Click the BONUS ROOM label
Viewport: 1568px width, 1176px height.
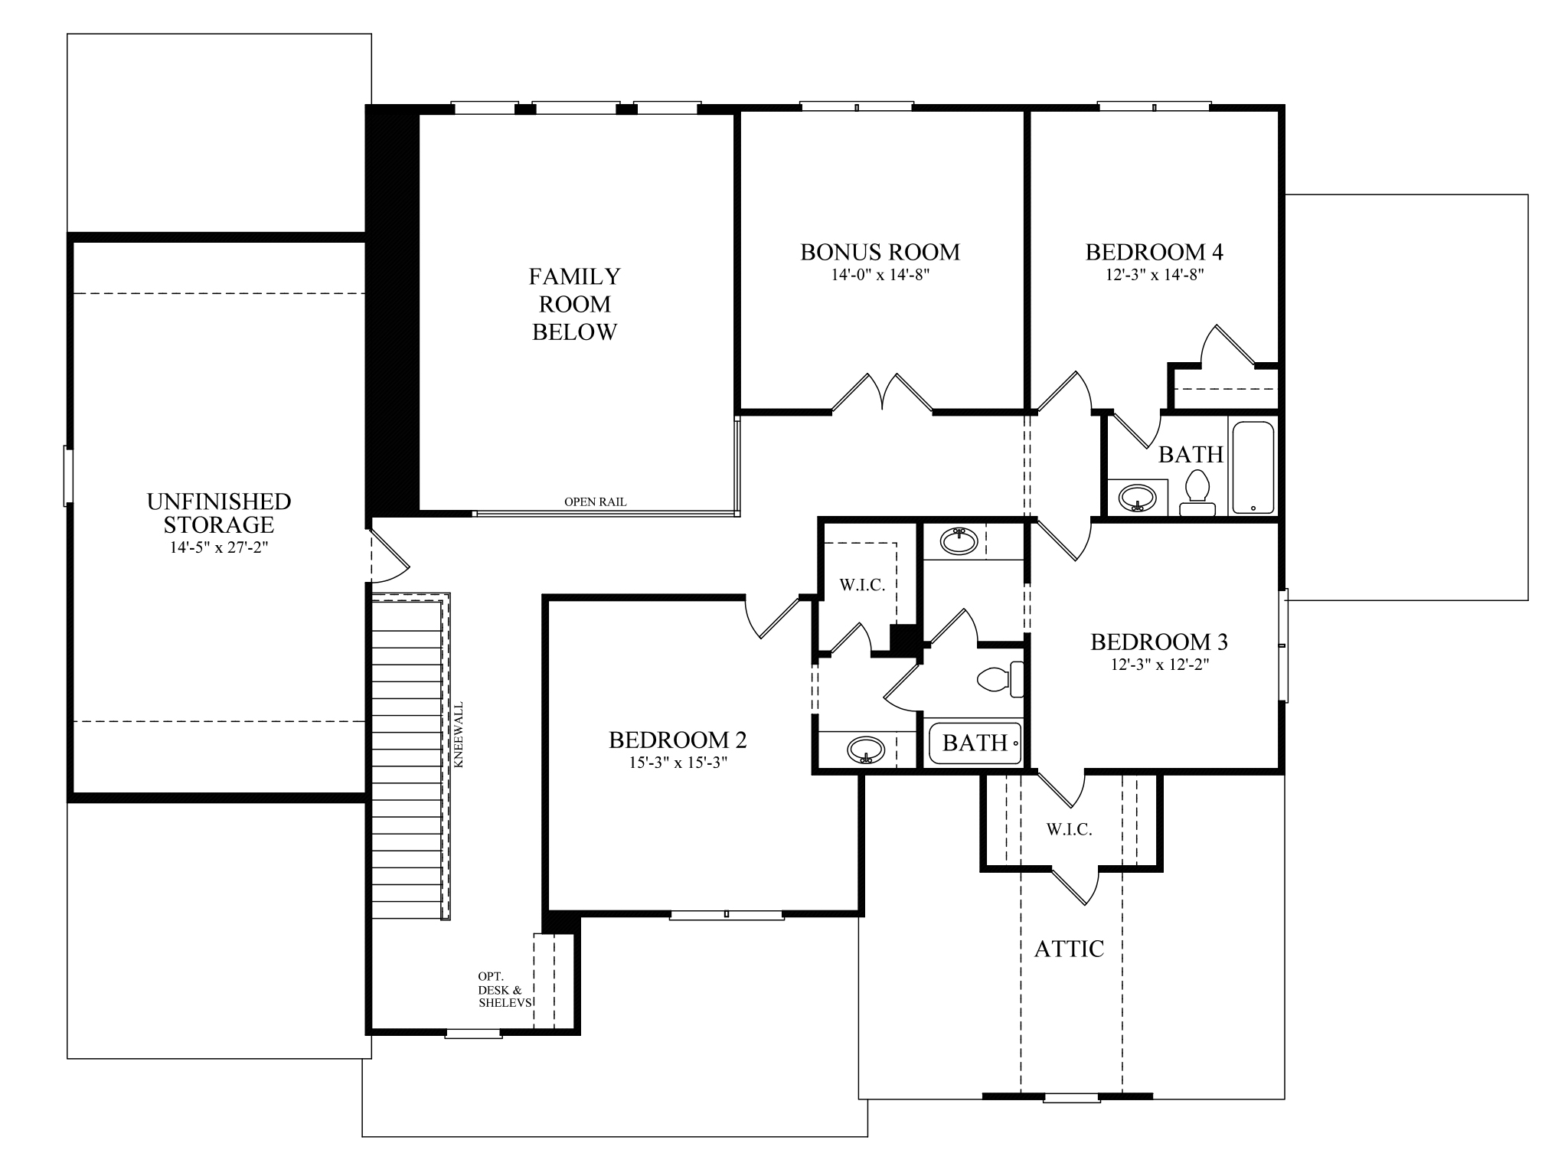point(880,252)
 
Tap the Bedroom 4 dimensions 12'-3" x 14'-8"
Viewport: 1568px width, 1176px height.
point(1154,275)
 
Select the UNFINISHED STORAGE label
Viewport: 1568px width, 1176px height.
point(218,513)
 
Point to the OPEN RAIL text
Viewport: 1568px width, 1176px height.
point(595,502)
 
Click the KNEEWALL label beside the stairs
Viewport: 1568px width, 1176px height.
point(459,735)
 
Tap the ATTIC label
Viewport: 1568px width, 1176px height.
point(1069,949)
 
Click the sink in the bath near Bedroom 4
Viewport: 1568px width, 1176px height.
point(1137,497)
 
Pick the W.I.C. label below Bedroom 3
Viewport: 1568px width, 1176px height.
point(1069,829)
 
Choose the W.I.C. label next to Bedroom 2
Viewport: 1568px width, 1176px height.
point(862,585)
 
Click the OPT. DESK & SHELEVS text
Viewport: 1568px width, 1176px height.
point(503,989)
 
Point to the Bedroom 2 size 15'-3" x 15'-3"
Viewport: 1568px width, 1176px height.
point(678,763)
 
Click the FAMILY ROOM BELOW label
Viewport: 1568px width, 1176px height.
point(574,304)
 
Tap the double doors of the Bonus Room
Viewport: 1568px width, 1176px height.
point(882,394)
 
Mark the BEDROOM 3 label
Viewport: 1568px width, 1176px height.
point(1159,642)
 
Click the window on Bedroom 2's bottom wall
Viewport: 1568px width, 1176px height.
point(726,914)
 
